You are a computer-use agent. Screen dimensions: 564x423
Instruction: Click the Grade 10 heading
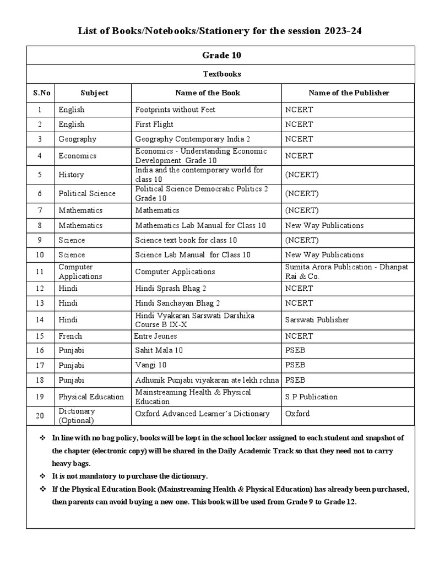click(x=222, y=55)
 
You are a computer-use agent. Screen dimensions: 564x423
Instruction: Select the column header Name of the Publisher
click(x=349, y=93)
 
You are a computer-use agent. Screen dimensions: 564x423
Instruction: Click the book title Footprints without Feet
click(x=175, y=110)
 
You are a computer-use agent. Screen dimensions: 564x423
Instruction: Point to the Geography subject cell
click(x=77, y=139)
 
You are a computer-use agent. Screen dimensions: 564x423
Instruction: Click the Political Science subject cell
click(x=87, y=193)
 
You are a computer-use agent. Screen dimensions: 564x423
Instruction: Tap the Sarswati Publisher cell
click(x=317, y=319)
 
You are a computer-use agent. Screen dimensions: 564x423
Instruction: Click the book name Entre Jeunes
click(x=154, y=336)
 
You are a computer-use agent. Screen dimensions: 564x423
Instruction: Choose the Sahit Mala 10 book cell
click(x=159, y=350)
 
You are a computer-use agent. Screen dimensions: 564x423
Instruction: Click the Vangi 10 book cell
click(x=151, y=365)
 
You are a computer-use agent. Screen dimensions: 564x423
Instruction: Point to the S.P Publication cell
click(x=311, y=397)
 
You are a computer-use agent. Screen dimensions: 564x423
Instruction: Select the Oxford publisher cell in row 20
click(x=297, y=414)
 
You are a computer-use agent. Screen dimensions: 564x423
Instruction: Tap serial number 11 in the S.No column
click(x=40, y=272)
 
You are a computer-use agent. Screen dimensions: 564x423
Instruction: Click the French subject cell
click(x=70, y=336)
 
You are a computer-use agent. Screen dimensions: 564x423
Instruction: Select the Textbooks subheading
click(x=222, y=74)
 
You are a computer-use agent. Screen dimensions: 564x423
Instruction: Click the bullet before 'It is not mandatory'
click(x=42, y=476)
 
